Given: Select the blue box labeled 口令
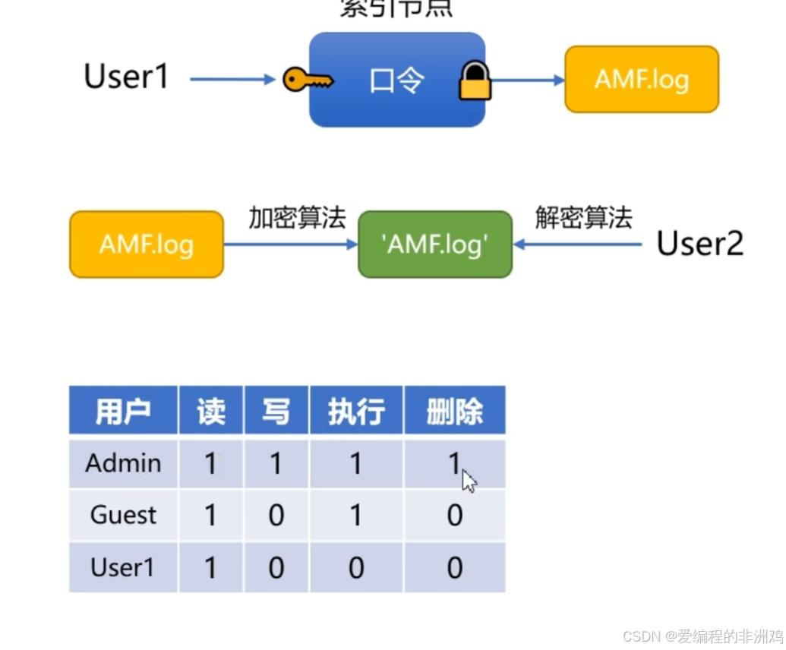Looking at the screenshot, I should coord(396,80).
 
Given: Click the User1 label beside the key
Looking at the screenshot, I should coord(126,77).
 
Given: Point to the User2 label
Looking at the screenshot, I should coord(699,244).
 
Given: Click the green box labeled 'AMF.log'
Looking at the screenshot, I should coord(435,245).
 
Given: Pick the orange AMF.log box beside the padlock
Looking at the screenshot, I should coord(641,79).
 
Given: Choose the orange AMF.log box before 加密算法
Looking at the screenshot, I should coord(147,245).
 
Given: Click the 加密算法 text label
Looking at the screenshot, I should coord(297,218).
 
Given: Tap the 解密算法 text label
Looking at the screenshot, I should coord(583,218).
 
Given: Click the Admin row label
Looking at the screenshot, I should coord(123,463).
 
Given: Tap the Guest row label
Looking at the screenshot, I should coord(123,516).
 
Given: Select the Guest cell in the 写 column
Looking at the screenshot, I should coord(276,516).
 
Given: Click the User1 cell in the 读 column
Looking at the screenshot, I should coord(210,568).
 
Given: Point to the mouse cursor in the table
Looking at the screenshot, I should coord(469,480).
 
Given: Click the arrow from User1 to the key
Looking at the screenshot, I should coord(232,79).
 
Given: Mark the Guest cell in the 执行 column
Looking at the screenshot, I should coord(355,516).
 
